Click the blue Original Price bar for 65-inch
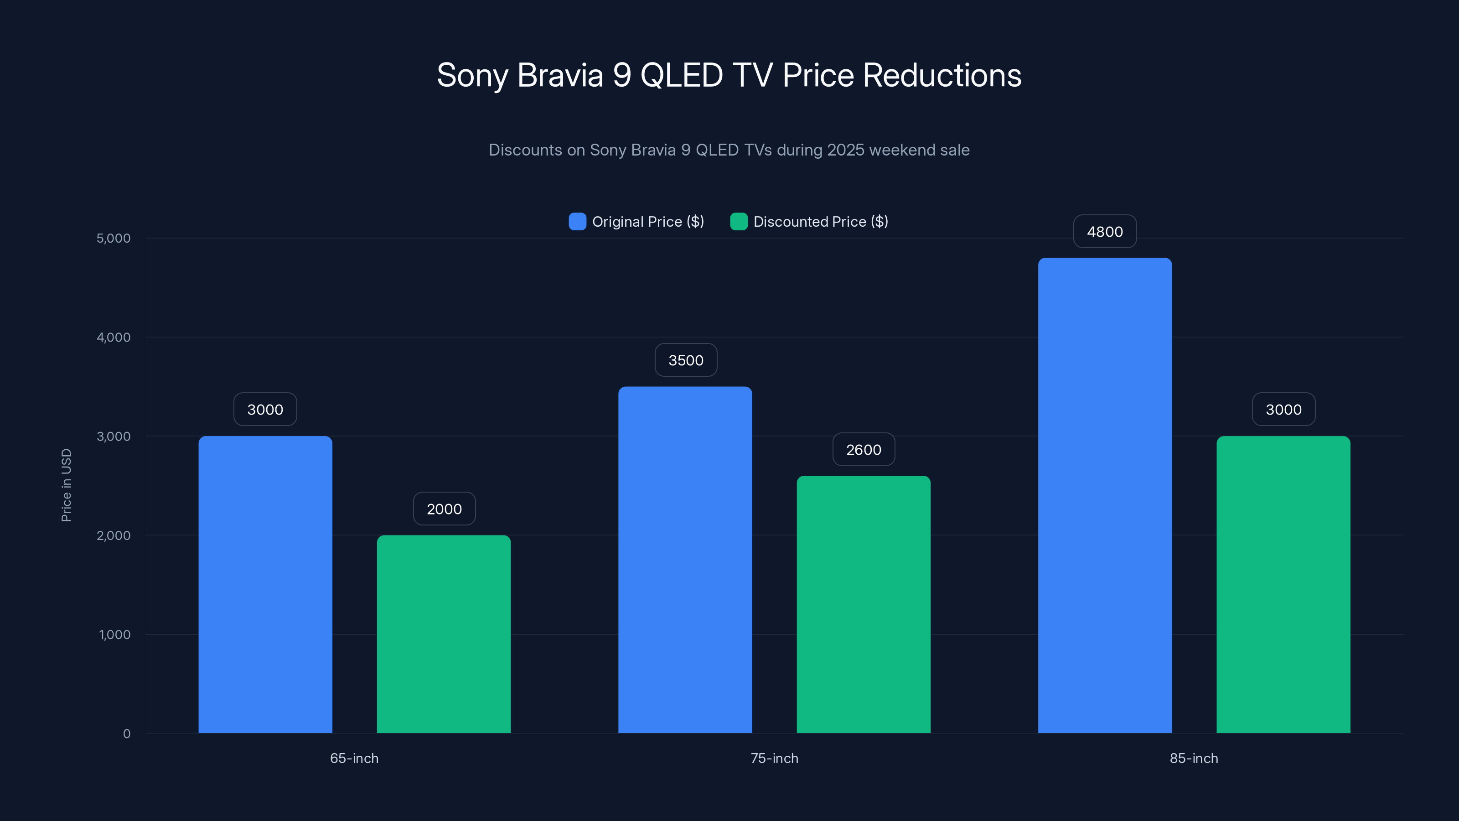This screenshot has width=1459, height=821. (x=265, y=584)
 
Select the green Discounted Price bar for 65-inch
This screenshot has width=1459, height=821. (x=444, y=634)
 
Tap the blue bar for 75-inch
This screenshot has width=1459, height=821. (x=685, y=559)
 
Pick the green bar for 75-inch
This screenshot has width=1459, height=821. (x=863, y=604)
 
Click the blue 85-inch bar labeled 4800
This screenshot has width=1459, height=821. (x=1104, y=494)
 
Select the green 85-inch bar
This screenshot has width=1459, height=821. (x=1283, y=584)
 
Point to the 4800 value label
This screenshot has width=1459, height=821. (x=1104, y=232)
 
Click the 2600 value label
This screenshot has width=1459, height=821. (x=863, y=450)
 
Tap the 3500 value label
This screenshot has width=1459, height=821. (x=685, y=360)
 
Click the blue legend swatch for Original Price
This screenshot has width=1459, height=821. (x=577, y=222)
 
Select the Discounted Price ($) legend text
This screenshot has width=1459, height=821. (x=820, y=222)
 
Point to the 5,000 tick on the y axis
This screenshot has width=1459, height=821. (x=113, y=238)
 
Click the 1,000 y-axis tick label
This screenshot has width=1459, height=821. (x=114, y=634)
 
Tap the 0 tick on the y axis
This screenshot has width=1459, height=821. (x=126, y=734)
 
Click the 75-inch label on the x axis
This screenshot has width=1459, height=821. (x=774, y=758)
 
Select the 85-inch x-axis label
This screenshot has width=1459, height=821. (x=1193, y=758)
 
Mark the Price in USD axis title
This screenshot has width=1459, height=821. (x=66, y=485)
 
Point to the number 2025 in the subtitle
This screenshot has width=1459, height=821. (x=846, y=150)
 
